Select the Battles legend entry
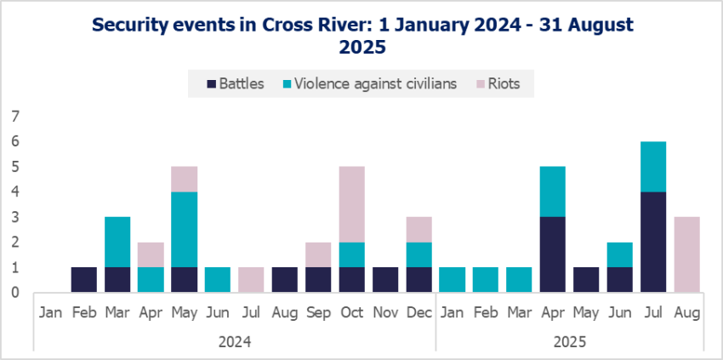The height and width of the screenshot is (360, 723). tap(236, 83)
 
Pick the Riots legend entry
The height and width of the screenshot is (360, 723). tap(504, 83)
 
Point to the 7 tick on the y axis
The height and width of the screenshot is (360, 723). tap(14, 117)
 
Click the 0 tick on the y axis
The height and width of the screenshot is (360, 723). tap(14, 292)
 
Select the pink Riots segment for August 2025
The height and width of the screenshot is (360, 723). tap(686, 254)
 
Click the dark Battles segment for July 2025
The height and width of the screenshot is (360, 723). tap(653, 242)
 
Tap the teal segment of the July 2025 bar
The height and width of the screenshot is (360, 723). tap(653, 167)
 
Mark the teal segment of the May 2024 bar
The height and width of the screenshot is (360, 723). tap(184, 230)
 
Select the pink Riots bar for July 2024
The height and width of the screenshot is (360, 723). tap(251, 280)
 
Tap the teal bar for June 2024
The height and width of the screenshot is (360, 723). tap(218, 280)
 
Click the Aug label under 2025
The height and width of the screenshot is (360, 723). tap(686, 312)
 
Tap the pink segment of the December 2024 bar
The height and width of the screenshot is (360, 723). tap(418, 230)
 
